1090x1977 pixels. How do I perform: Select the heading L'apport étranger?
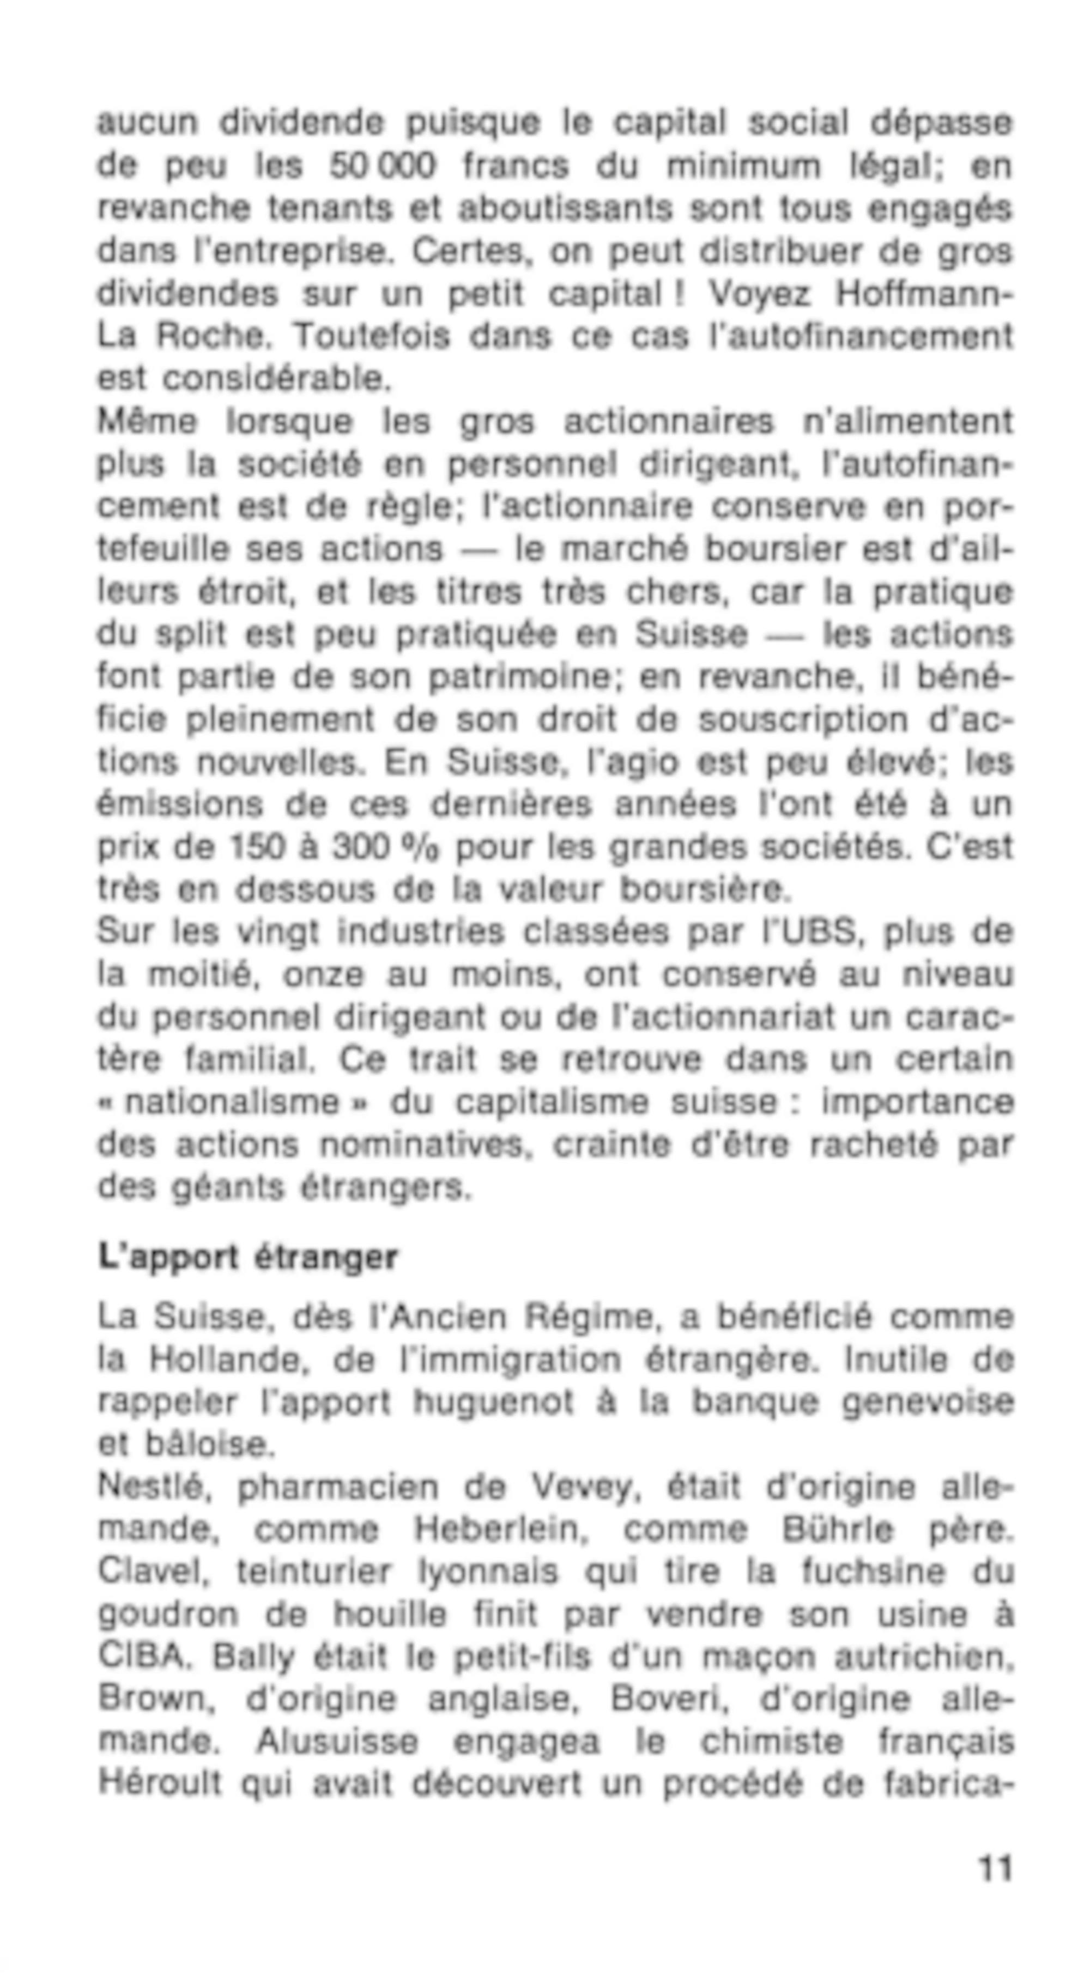click(247, 1257)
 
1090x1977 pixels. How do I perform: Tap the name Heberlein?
click(500, 1530)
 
